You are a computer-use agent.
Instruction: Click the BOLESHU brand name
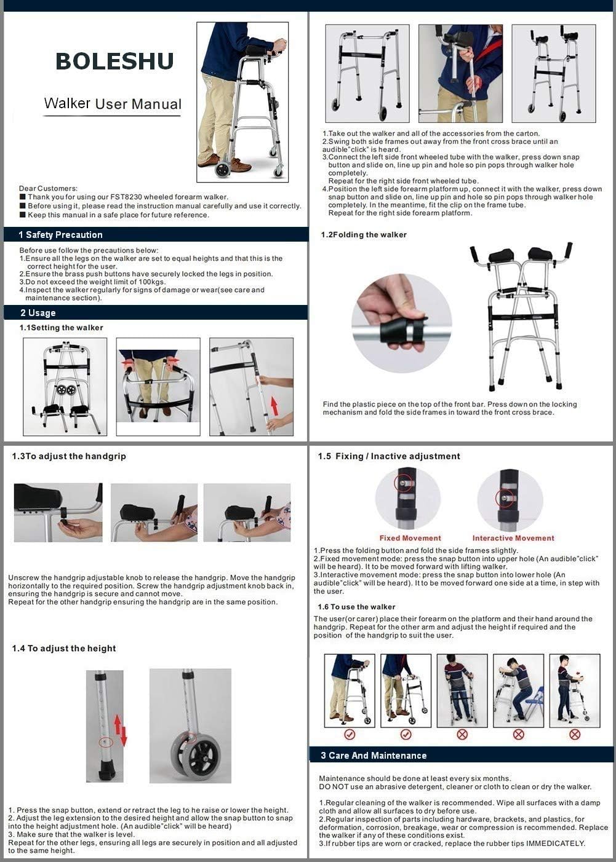pyautogui.click(x=114, y=61)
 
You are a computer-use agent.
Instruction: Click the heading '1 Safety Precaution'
pyautogui.click(x=60, y=235)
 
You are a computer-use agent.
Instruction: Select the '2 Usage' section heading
pyautogui.click(x=38, y=313)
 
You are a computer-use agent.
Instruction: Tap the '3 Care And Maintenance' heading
pyautogui.click(x=374, y=756)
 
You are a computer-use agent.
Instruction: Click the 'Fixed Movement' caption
pyautogui.click(x=410, y=538)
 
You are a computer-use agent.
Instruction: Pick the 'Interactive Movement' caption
pyautogui.click(x=513, y=538)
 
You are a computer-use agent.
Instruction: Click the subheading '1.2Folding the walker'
pyautogui.click(x=364, y=235)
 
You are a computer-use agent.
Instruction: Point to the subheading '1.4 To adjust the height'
pyautogui.click(x=64, y=649)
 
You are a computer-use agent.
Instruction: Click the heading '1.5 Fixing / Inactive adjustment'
pyautogui.click(x=389, y=456)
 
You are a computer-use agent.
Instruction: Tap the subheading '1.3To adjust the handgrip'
pyautogui.click(x=69, y=456)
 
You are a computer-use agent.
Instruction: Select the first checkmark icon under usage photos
pyautogui.click(x=350, y=734)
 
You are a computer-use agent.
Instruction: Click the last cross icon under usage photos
pyautogui.click(x=574, y=734)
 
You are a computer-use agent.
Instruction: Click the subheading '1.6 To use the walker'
pyautogui.click(x=356, y=607)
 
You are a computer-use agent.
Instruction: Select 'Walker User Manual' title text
pyautogui.click(x=113, y=104)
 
